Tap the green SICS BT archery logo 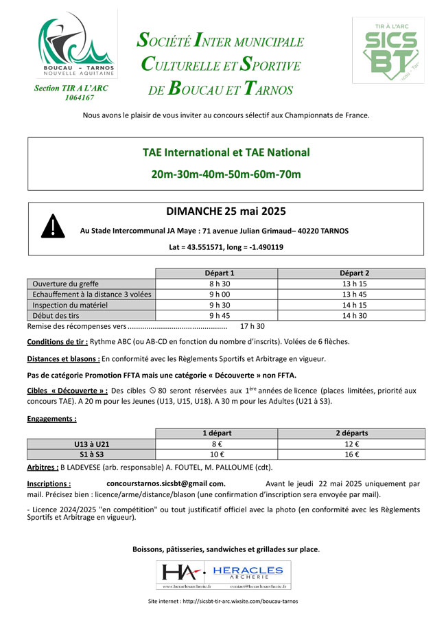coord(388,49)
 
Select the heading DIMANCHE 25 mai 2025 coord(226,211)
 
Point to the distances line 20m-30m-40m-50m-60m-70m coord(226,174)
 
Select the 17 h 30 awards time coord(252,326)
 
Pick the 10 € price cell coord(217,455)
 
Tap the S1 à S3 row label coord(91,455)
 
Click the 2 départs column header coord(351,433)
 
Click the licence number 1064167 coord(80,97)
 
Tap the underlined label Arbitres coord(42,467)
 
